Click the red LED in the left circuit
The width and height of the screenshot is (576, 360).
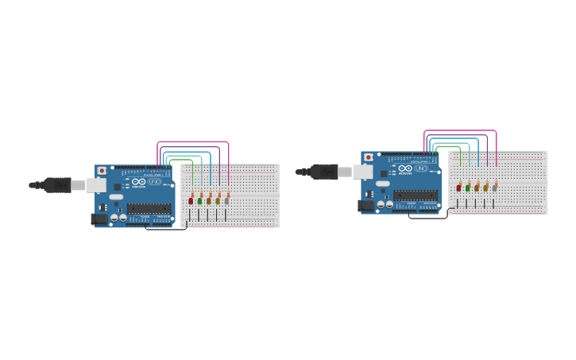[191, 201]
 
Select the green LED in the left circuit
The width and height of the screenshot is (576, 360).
[199, 201]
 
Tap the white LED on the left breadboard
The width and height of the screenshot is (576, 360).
[226, 201]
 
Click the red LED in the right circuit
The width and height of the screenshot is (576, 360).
[458, 188]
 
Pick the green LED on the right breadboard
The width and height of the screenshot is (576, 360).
[467, 188]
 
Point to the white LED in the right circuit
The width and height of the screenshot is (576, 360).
[494, 188]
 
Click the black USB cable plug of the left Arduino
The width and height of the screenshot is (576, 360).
[57, 185]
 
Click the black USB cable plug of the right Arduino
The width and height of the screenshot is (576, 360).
[324, 171]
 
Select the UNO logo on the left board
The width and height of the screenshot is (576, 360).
[154, 182]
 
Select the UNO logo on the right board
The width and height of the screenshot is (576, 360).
[420, 168]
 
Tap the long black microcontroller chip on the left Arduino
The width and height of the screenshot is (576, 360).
[149, 208]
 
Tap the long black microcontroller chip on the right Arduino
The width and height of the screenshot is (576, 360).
[415, 195]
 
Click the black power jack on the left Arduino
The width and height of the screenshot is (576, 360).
[99, 219]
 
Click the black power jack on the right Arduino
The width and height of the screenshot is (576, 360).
[365, 205]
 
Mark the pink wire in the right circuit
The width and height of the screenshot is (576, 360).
[460, 130]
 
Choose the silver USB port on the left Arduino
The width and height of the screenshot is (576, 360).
[96, 185]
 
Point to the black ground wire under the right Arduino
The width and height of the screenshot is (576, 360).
[425, 218]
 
